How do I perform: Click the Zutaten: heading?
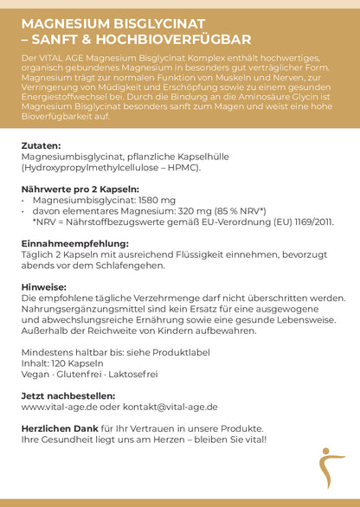(x=41, y=146)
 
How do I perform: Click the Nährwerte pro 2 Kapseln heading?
(x=79, y=189)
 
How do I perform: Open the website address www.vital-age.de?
(x=59, y=406)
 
